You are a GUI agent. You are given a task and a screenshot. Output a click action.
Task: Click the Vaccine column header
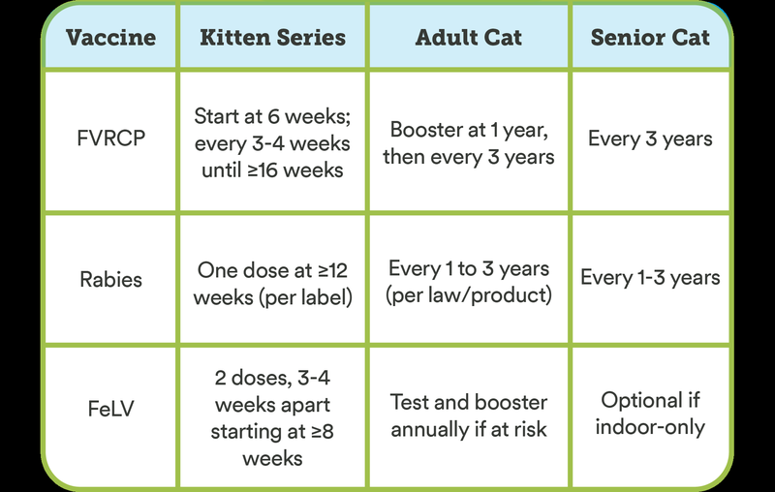point(109,38)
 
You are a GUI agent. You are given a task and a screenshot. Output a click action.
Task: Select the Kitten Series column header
point(272,38)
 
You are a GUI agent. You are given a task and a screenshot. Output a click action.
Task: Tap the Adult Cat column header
point(468,38)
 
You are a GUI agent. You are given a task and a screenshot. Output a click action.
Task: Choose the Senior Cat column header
point(650,38)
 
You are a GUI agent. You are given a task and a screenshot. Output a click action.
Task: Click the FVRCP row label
point(109,138)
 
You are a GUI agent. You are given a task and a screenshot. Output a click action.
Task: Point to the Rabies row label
point(109,279)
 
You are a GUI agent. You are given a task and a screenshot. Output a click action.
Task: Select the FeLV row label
point(109,409)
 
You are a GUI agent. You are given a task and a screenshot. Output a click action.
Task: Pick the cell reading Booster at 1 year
point(468,142)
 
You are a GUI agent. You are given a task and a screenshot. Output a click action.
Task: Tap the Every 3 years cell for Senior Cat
point(650,138)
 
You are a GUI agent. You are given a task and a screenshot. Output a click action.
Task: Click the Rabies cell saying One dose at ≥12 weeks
point(272,282)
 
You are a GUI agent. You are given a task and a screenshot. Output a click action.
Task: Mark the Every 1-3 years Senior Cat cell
point(650,278)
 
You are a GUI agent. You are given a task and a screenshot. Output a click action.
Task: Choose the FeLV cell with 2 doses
point(272,416)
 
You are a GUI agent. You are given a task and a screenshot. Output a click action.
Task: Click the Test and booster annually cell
point(468,415)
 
